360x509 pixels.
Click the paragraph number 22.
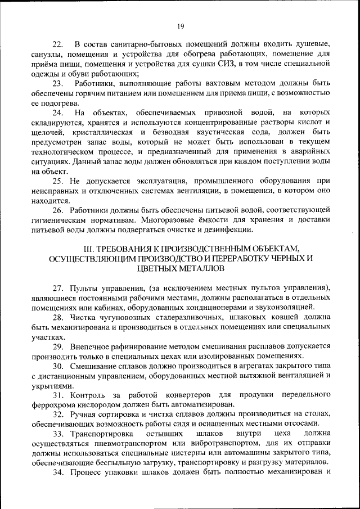pos(57,44)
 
